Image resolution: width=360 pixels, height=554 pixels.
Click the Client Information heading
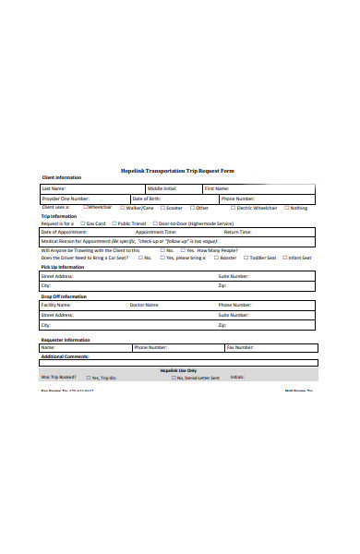62,177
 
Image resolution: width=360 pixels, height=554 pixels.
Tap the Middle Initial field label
162,188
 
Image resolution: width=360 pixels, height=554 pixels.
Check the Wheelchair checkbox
85,208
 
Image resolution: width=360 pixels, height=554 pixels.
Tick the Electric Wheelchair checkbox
234,208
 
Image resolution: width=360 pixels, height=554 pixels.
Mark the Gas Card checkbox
82,223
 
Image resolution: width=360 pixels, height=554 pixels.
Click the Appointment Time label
156,232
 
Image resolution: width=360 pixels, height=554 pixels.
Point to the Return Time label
237,232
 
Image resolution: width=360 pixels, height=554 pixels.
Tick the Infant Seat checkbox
284,258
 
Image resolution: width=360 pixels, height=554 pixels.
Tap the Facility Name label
56,304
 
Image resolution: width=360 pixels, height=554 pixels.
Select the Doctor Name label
145,304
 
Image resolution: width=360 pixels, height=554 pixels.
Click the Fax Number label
239,347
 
